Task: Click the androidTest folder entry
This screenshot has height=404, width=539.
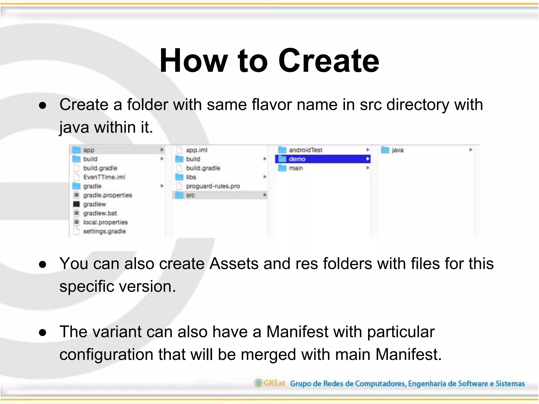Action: tap(305, 150)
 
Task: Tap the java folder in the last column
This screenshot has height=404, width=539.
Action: tap(397, 150)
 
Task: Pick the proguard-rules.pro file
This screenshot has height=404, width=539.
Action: tap(213, 186)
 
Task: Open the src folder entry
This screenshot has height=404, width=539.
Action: tap(190, 195)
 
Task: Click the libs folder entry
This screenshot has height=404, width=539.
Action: tap(191, 177)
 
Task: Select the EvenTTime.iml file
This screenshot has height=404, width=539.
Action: tap(104, 177)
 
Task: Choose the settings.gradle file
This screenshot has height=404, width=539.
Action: tap(104, 231)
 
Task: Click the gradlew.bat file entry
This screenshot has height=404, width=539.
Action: tap(100, 213)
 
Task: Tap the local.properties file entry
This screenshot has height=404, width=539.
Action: tap(105, 222)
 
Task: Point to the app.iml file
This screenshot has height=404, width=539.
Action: tap(196, 150)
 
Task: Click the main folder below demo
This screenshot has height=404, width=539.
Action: tap(296, 168)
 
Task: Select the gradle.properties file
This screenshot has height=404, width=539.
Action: tap(107, 195)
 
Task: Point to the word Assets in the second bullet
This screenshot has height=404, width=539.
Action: tap(234, 264)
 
